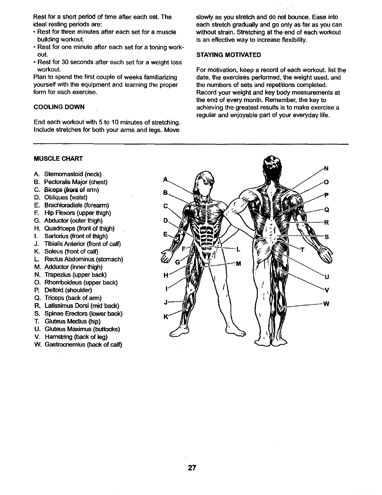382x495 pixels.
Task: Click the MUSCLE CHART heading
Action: (x=58, y=159)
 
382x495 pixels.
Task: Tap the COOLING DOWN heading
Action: (x=59, y=107)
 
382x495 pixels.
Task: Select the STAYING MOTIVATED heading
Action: (x=228, y=55)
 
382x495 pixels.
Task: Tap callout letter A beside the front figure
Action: (x=166, y=180)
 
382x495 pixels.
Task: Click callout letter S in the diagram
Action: (x=326, y=237)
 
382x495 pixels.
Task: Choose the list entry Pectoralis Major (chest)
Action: (x=76, y=182)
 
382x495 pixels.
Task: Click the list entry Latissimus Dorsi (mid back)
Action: (x=82, y=306)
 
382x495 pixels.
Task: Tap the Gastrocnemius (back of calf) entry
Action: (x=83, y=344)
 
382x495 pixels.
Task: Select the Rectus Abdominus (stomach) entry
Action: (x=84, y=259)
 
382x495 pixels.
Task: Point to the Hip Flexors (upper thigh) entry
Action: (x=78, y=213)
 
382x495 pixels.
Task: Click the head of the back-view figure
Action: (x=271, y=166)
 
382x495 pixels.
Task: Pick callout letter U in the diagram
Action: (x=327, y=277)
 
